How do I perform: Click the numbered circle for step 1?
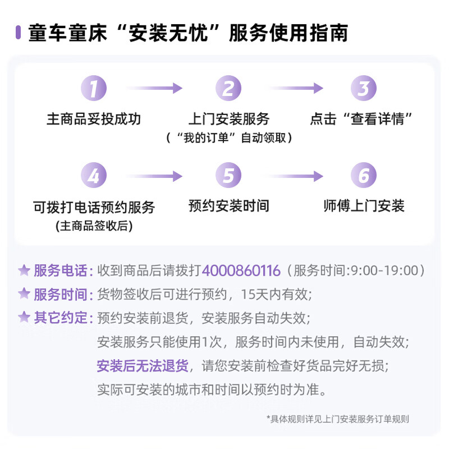[94, 88]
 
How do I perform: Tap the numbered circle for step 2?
[228, 88]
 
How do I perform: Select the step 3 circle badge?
[364, 88]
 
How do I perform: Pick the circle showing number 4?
[94, 175]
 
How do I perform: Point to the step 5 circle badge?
[228, 175]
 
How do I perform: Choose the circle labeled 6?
[364, 175]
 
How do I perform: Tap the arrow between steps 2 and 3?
[296, 88]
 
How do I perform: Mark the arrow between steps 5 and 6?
[296, 176]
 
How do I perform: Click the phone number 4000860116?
[241, 271]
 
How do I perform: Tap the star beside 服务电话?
[24, 271]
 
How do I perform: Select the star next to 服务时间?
[24, 294]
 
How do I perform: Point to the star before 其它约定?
[24, 317]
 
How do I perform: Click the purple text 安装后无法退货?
[143, 366]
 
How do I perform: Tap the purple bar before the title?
[18, 33]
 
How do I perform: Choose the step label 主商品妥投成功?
[94, 119]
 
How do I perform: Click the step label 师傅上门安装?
[364, 206]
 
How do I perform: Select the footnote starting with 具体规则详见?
[338, 419]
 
